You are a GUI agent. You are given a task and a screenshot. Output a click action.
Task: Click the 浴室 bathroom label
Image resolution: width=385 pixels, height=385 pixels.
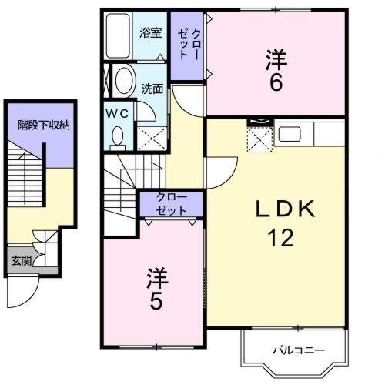point(151,33)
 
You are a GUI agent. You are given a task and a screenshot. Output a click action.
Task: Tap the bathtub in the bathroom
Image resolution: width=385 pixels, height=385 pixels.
point(118,35)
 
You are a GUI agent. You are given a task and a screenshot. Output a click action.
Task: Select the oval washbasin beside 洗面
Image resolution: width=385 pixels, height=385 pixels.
point(126,80)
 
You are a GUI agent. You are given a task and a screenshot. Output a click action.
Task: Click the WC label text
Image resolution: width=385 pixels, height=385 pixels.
point(117,113)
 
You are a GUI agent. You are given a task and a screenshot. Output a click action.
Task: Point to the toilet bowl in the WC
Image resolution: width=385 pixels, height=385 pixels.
point(118,136)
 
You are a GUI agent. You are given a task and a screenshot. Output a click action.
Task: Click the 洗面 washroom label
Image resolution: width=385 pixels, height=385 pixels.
point(152,89)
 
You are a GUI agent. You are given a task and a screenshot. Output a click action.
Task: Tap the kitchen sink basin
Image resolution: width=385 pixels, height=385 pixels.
point(290,134)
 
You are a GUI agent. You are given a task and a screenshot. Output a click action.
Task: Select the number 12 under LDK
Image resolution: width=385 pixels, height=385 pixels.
point(280,238)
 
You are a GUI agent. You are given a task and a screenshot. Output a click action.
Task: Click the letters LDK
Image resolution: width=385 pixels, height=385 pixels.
point(286,209)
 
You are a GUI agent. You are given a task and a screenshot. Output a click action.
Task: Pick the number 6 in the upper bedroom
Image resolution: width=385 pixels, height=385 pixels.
point(276,82)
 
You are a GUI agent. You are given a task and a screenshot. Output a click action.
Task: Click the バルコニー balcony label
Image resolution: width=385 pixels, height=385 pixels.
point(299,350)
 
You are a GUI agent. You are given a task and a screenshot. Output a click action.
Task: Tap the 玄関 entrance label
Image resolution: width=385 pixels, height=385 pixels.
point(22,261)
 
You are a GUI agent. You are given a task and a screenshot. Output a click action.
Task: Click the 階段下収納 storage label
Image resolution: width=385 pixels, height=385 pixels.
point(44,125)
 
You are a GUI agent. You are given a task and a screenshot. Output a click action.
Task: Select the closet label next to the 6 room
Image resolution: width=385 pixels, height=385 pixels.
point(189,45)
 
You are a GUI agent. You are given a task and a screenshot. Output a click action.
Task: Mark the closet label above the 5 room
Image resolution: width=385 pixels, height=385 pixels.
point(172,204)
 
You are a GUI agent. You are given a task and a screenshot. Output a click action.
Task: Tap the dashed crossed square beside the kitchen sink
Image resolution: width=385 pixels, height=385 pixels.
point(259,139)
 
